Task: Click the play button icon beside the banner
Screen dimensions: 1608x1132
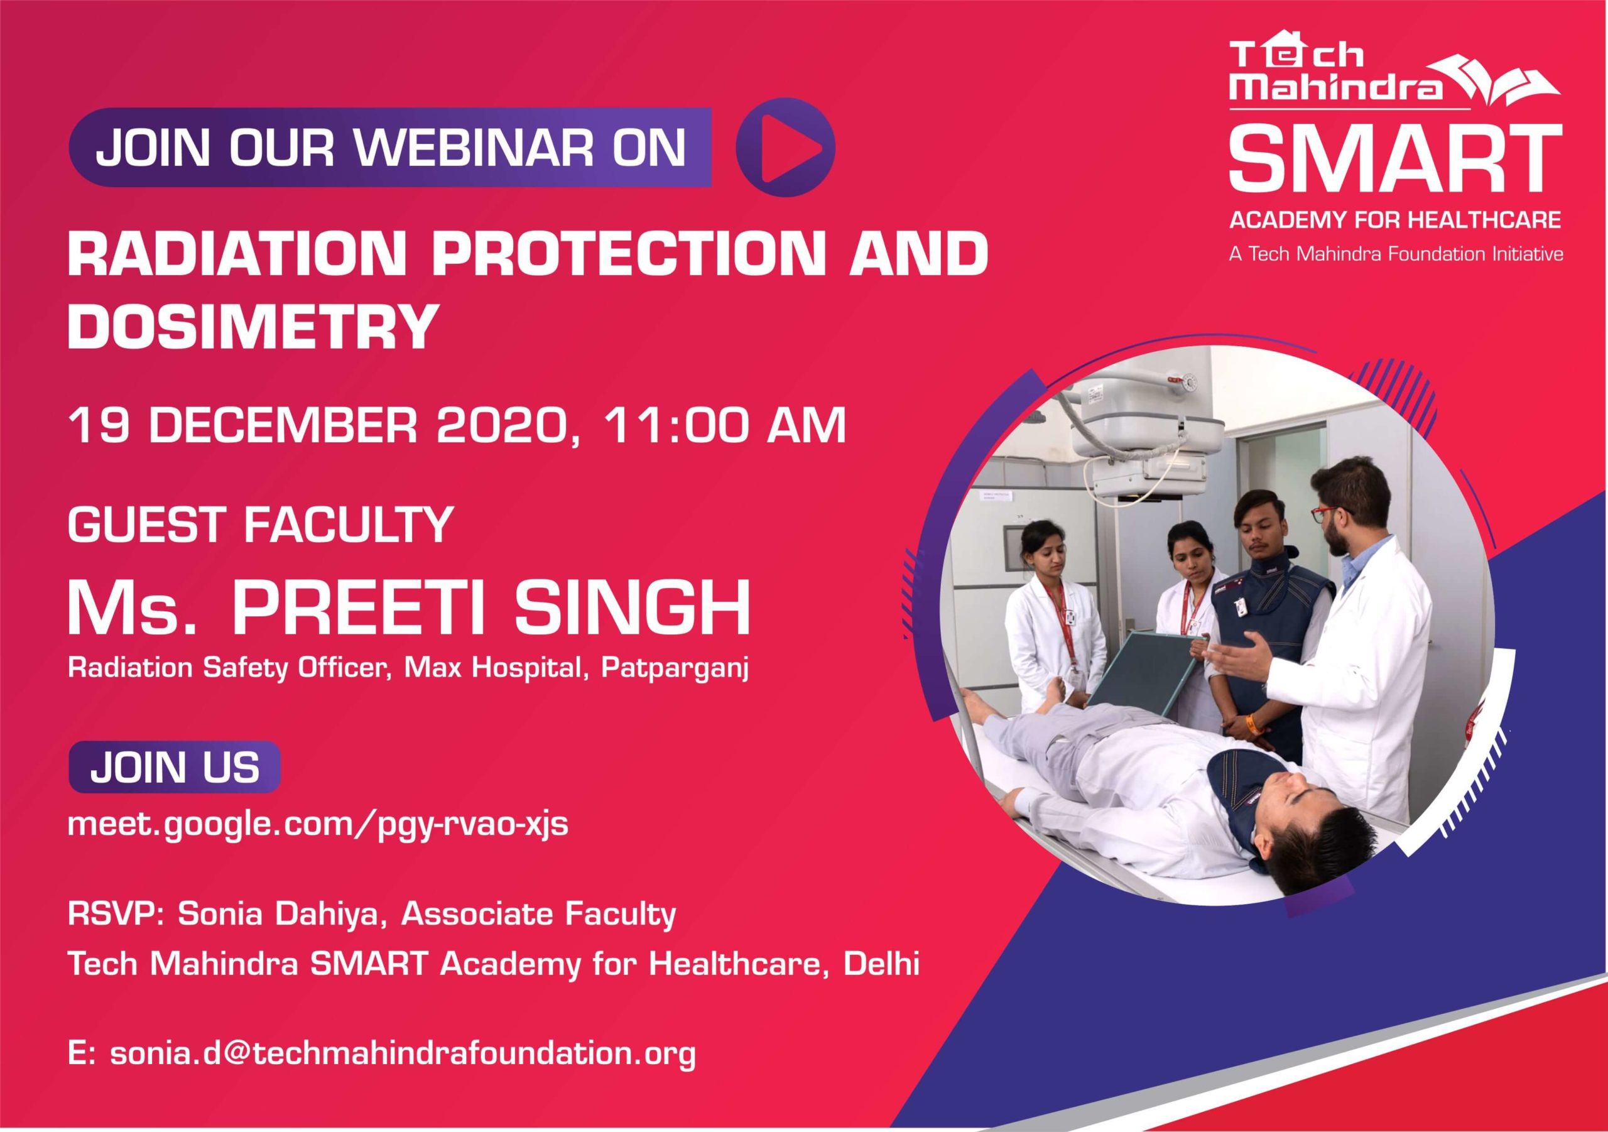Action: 785,147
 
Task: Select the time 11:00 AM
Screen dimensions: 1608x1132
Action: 727,425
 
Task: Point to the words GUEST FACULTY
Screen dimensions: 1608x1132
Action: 260,524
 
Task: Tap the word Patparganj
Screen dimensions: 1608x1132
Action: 675,668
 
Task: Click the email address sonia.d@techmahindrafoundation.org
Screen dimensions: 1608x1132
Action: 382,1073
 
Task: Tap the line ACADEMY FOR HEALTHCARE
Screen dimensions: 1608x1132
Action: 1395,220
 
